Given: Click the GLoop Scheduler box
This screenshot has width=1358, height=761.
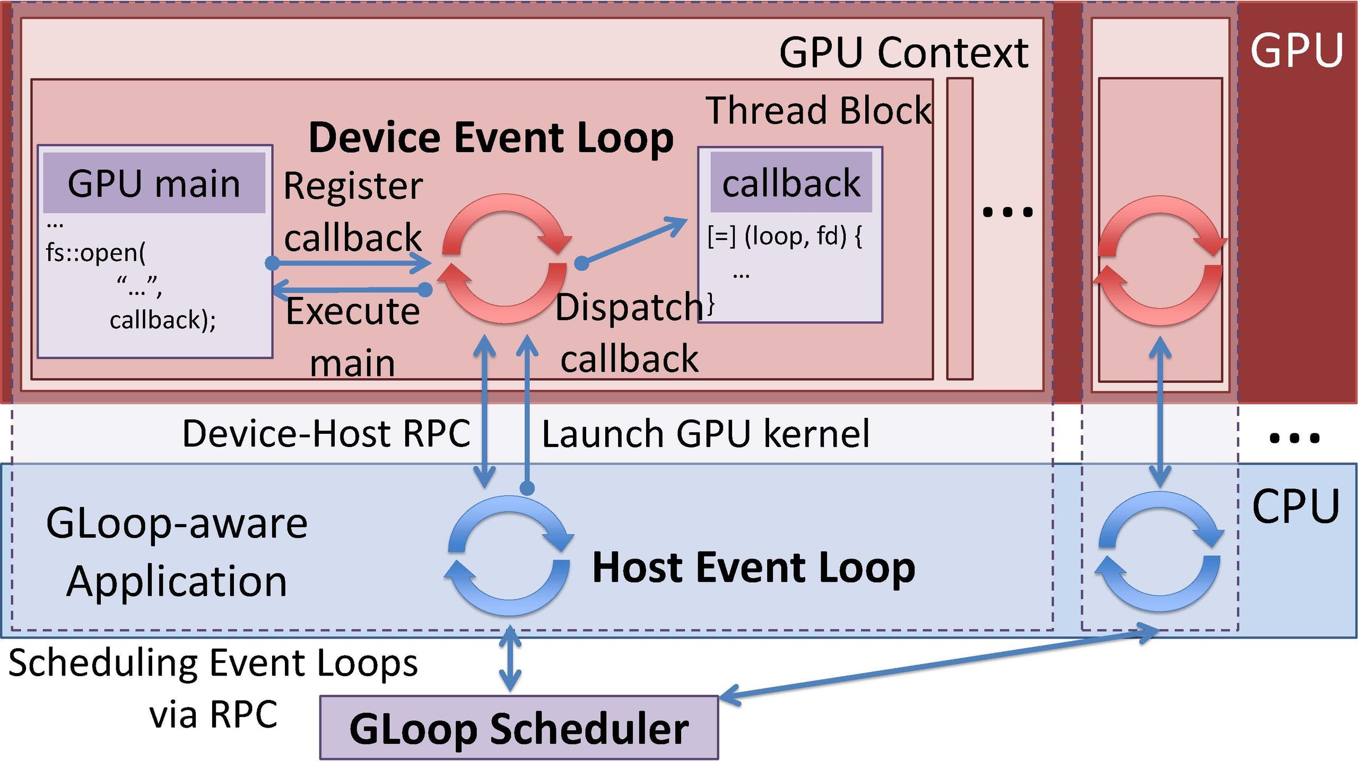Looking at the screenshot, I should click(519, 728).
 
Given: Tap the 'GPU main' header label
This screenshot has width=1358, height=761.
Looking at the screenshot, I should click(154, 183).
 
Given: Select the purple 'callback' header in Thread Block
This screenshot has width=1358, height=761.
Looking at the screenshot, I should click(791, 183).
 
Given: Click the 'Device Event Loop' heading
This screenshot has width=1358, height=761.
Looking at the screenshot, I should click(491, 137).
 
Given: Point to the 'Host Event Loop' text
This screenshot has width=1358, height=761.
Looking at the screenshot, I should click(753, 567).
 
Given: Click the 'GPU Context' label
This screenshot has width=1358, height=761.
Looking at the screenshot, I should click(903, 53).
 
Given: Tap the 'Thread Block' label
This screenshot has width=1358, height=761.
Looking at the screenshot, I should click(819, 110).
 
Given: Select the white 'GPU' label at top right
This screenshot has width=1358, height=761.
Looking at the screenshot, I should click(1296, 50).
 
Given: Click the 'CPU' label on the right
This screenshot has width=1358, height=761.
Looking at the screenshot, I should click(1295, 506).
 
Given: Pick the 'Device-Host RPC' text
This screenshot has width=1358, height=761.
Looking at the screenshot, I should click(326, 433).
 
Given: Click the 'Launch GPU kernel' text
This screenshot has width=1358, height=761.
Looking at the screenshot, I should click(706, 433).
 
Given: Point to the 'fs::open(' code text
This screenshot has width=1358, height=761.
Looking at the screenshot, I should click(95, 252).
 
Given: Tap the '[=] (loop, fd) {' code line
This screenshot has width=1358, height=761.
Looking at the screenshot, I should click(785, 236).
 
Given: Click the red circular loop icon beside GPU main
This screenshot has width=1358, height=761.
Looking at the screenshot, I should click(504, 259).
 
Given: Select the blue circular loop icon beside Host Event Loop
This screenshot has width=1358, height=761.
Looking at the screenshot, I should click(509, 555).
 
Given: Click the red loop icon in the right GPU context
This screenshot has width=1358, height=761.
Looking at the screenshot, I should click(1160, 260).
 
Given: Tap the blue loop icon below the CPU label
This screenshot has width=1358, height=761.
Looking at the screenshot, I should click(1160, 552).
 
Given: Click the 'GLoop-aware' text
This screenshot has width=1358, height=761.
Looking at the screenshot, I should click(177, 523).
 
